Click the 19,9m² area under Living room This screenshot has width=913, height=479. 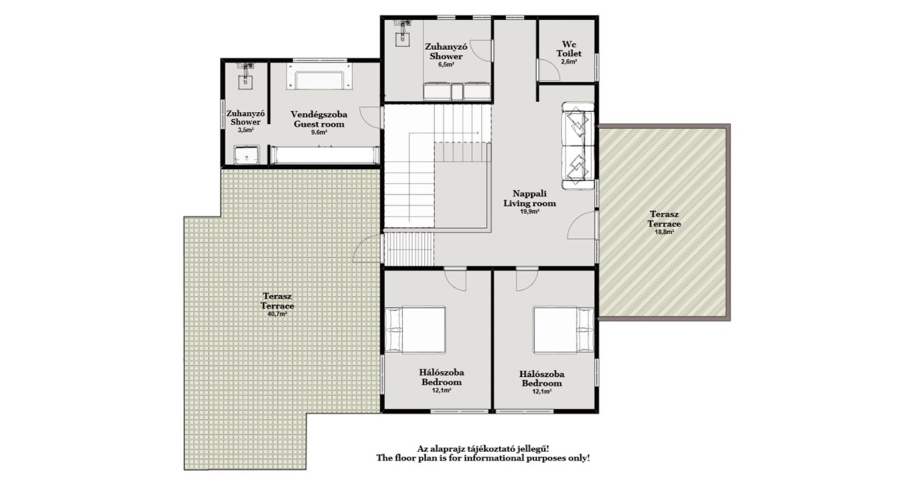[x=530, y=212]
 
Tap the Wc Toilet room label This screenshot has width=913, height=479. [x=569, y=48]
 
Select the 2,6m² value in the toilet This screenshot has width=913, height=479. [x=569, y=62]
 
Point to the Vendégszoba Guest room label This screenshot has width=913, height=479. [x=319, y=119]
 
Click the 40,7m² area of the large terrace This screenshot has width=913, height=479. [x=277, y=314]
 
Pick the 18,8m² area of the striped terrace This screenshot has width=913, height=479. [x=664, y=232]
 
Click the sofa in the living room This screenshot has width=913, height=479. [x=578, y=145]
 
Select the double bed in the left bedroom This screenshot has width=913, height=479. [x=415, y=330]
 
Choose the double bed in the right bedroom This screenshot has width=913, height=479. [x=564, y=330]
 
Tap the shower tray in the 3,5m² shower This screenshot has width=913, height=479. [x=247, y=155]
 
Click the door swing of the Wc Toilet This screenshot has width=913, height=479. [x=548, y=70]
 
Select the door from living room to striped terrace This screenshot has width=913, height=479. [x=582, y=226]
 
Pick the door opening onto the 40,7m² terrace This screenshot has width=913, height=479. [x=367, y=249]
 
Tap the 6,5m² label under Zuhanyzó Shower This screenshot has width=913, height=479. [x=446, y=65]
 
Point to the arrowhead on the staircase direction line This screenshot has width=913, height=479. [x=477, y=133]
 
